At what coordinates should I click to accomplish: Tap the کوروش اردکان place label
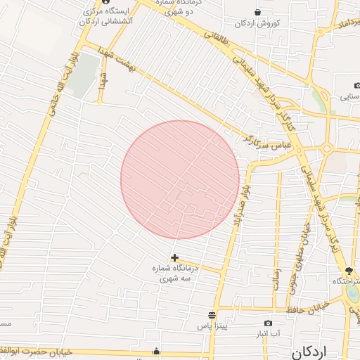259,23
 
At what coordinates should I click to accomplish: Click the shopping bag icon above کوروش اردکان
258,12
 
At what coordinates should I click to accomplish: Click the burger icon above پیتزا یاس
212,315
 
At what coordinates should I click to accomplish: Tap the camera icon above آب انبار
268,323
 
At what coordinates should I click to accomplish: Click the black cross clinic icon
174,258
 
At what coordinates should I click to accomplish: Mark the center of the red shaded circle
180,180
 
